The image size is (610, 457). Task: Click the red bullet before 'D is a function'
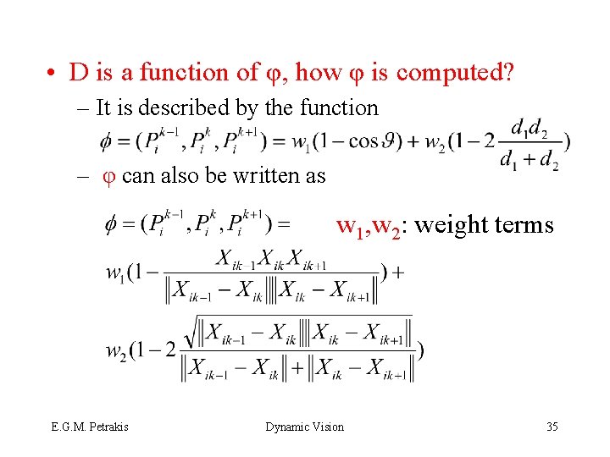(x=53, y=74)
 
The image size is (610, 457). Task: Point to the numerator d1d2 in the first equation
(x=531, y=128)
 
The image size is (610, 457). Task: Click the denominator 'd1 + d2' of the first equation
(x=529, y=159)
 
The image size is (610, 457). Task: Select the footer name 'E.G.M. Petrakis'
(x=90, y=427)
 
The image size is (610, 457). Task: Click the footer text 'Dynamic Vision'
(x=305, y=427)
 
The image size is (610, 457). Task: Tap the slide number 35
(x=552, y=427)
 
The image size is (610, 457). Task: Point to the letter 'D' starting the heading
(x=79, y=73)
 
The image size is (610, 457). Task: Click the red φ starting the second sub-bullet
(x=108, y=176)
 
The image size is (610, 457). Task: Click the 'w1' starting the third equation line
(x=118, y=273)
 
